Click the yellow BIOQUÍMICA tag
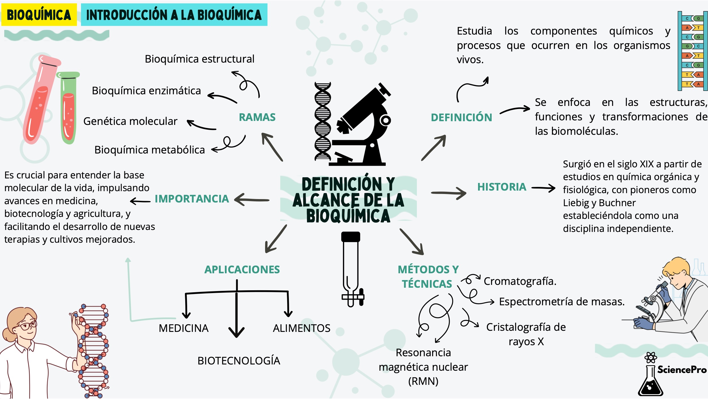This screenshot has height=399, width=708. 39,15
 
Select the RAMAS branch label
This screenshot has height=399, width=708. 257,117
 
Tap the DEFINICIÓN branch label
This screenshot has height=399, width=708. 461,118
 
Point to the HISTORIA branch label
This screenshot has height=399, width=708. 502,187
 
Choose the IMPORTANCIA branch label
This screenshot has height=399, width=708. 192,199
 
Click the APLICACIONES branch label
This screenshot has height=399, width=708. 242,270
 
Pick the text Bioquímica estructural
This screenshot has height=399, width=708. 199,59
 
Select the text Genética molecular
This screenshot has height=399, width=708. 130,121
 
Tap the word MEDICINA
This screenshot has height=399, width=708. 184,328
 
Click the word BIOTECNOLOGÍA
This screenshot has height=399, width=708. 239,361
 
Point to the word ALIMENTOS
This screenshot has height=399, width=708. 302,328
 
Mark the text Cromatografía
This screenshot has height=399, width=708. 520,281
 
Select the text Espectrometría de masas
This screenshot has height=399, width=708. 562,302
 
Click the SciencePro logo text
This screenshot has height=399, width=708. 682,370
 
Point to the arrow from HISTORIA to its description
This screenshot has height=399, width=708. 543,188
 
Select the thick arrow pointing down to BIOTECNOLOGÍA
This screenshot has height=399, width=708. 236,314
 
